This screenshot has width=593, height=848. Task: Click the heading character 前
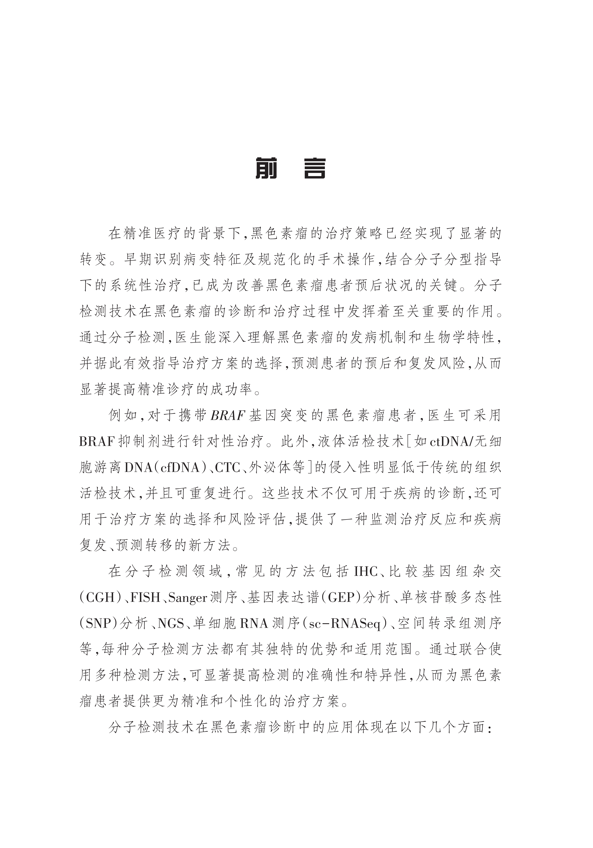(x=266, y=168)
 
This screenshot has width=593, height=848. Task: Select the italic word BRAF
(x=228, y=415)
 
